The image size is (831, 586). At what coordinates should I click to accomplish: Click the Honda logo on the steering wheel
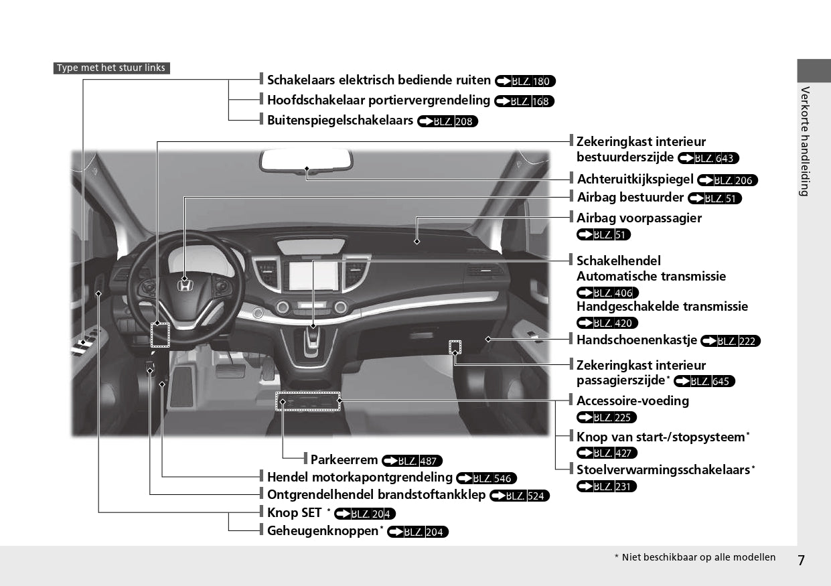click(x=185, y=286)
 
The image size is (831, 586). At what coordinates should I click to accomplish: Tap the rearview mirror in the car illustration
click(x=306, y=161)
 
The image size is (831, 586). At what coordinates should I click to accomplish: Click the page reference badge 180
click(x=526, y=82)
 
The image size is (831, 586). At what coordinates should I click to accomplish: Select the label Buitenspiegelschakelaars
click(x=339, y=121)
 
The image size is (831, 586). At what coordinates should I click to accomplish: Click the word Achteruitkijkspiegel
click(x=635, y=179)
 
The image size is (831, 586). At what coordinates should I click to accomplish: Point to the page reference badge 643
click(x=708, y=159)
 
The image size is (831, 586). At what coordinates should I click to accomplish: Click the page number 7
click(x=801, y=560)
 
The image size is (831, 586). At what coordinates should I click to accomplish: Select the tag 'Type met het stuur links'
click(x=111, y=68)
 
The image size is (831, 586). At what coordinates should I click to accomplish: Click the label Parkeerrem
click(x=344, y=460)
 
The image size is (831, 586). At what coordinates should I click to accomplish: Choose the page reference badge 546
click(x=486, y=478)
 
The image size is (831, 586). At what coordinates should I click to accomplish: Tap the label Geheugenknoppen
click(x=323, y=531)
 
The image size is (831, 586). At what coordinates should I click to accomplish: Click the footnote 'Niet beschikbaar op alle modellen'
click(x=698, y=557)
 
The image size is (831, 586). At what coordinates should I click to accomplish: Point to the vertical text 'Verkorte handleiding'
click(x=805, y=141)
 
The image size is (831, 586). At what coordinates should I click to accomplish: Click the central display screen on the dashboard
click(x=313, y=275)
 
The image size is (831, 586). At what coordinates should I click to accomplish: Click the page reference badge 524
click(x=520, y=496)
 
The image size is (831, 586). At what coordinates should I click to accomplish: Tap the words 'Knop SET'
click(x=294, y=513)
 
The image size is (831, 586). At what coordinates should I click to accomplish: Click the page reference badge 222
click(x=731, y=342)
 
